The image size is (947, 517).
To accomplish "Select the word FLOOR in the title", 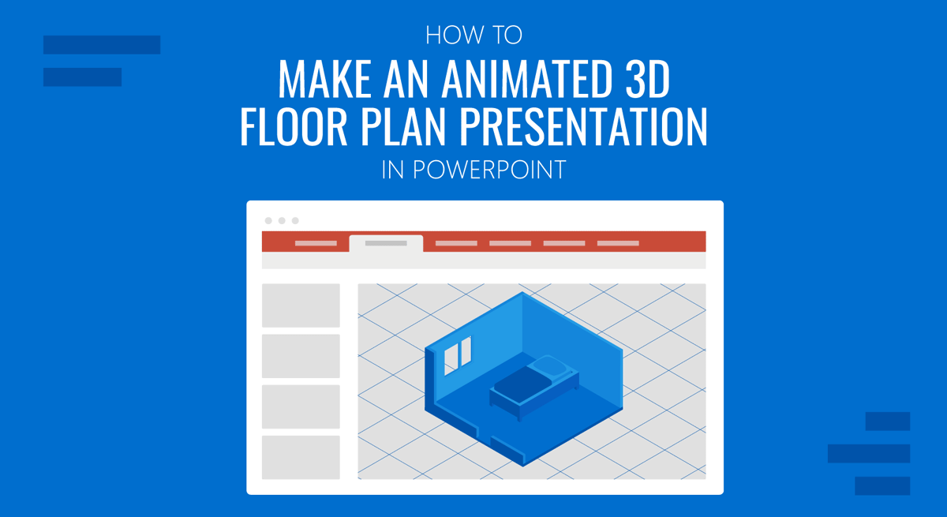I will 292,126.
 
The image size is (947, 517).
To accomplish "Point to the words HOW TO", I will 473,36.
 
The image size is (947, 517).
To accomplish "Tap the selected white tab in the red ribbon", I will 386,243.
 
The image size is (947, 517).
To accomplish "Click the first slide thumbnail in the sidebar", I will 301,305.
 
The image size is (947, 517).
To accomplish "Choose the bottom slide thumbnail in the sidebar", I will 301,457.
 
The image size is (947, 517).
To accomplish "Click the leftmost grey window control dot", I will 268,221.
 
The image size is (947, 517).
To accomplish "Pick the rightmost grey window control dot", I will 295,221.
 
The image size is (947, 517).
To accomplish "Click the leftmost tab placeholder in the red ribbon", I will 316,243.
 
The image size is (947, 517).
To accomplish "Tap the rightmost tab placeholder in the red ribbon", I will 618,243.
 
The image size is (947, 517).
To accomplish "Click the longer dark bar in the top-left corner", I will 102,45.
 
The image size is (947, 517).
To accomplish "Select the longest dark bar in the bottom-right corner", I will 869,453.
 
